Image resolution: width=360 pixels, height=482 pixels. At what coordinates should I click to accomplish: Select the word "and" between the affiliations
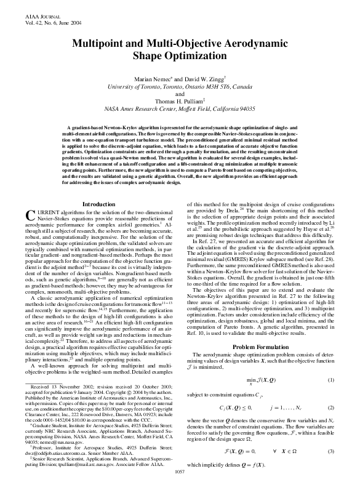[180, 94]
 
